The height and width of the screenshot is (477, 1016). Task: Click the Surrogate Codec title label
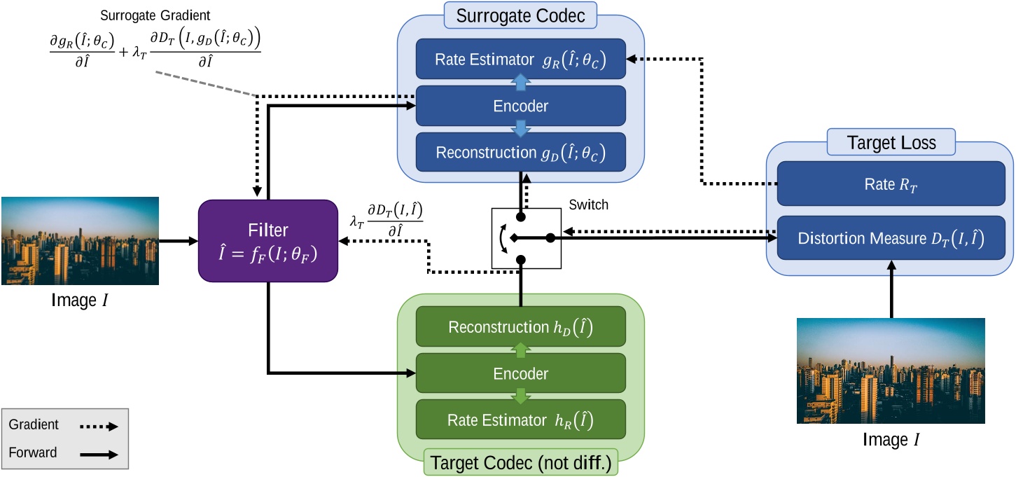[520, 14]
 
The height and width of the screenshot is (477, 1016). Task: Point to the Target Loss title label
[890, 144]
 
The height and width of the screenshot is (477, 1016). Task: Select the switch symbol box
[527, 237]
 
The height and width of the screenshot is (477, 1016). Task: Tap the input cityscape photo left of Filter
[78, 241]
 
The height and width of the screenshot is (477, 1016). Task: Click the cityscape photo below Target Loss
[890, 371]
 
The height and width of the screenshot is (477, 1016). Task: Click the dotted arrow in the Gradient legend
[97, 425]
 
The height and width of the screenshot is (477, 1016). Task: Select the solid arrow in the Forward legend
[97, 454]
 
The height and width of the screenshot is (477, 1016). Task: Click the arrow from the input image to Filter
[179, 241]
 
